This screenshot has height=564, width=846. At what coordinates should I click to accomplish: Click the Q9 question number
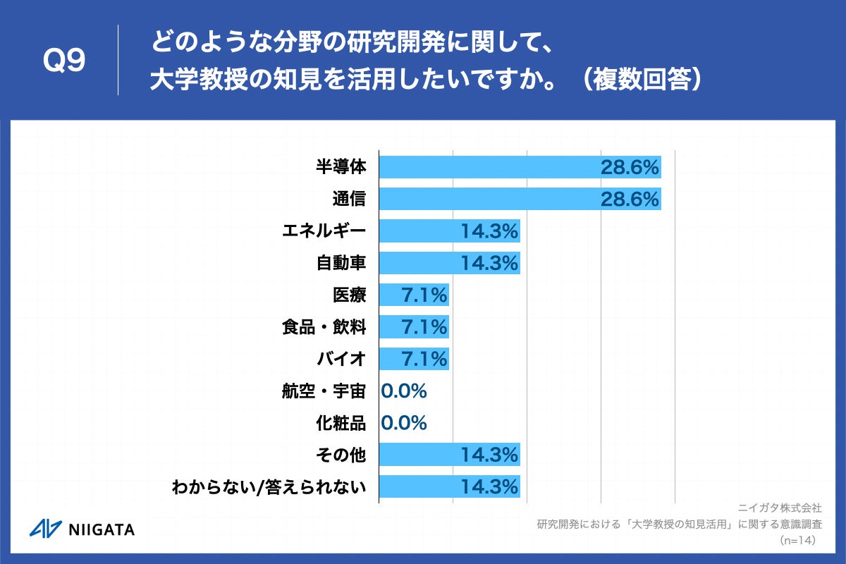(x=64, y=61)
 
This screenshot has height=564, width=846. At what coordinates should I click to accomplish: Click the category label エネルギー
(x=324, y=231)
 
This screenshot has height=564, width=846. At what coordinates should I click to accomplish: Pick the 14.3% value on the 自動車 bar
(x=490, y=263)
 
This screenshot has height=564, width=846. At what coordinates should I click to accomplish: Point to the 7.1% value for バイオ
(x=424, y=359)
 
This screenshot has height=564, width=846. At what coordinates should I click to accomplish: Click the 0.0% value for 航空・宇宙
(x=404, y=391)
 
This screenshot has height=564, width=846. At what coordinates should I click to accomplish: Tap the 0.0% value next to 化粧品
(x=404, y=423)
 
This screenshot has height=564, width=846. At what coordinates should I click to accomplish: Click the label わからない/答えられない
(x=269, y=487)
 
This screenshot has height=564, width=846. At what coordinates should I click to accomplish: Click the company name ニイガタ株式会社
(x=780, y=508)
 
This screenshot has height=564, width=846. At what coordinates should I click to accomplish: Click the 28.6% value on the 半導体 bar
(x=630, y=167)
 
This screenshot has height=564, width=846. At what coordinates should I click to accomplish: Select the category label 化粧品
(x=341, y=423)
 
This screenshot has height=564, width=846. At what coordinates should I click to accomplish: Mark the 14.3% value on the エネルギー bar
(x=490, y=231)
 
